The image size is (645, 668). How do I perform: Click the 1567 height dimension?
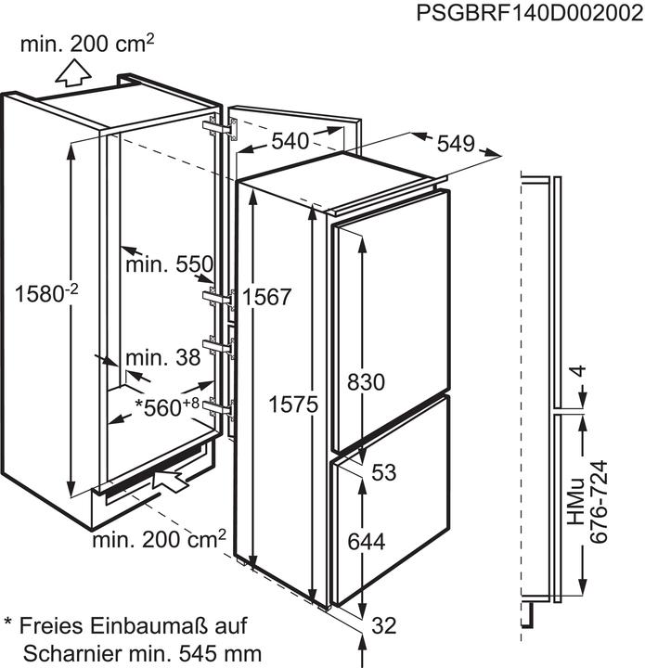point(267,297)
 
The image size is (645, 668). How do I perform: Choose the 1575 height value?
point(294,405)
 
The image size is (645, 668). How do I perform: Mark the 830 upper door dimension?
point(366,381)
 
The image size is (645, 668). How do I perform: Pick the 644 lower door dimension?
point(366,540)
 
